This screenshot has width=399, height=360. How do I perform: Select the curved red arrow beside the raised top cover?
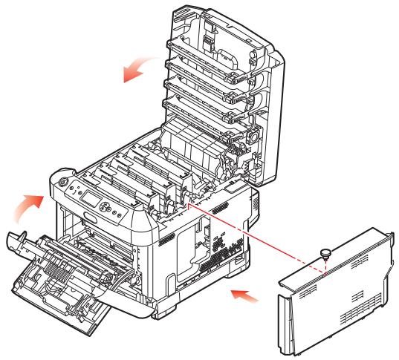click(140, 68)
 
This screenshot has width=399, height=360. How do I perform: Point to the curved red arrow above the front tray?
click(29, 204)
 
